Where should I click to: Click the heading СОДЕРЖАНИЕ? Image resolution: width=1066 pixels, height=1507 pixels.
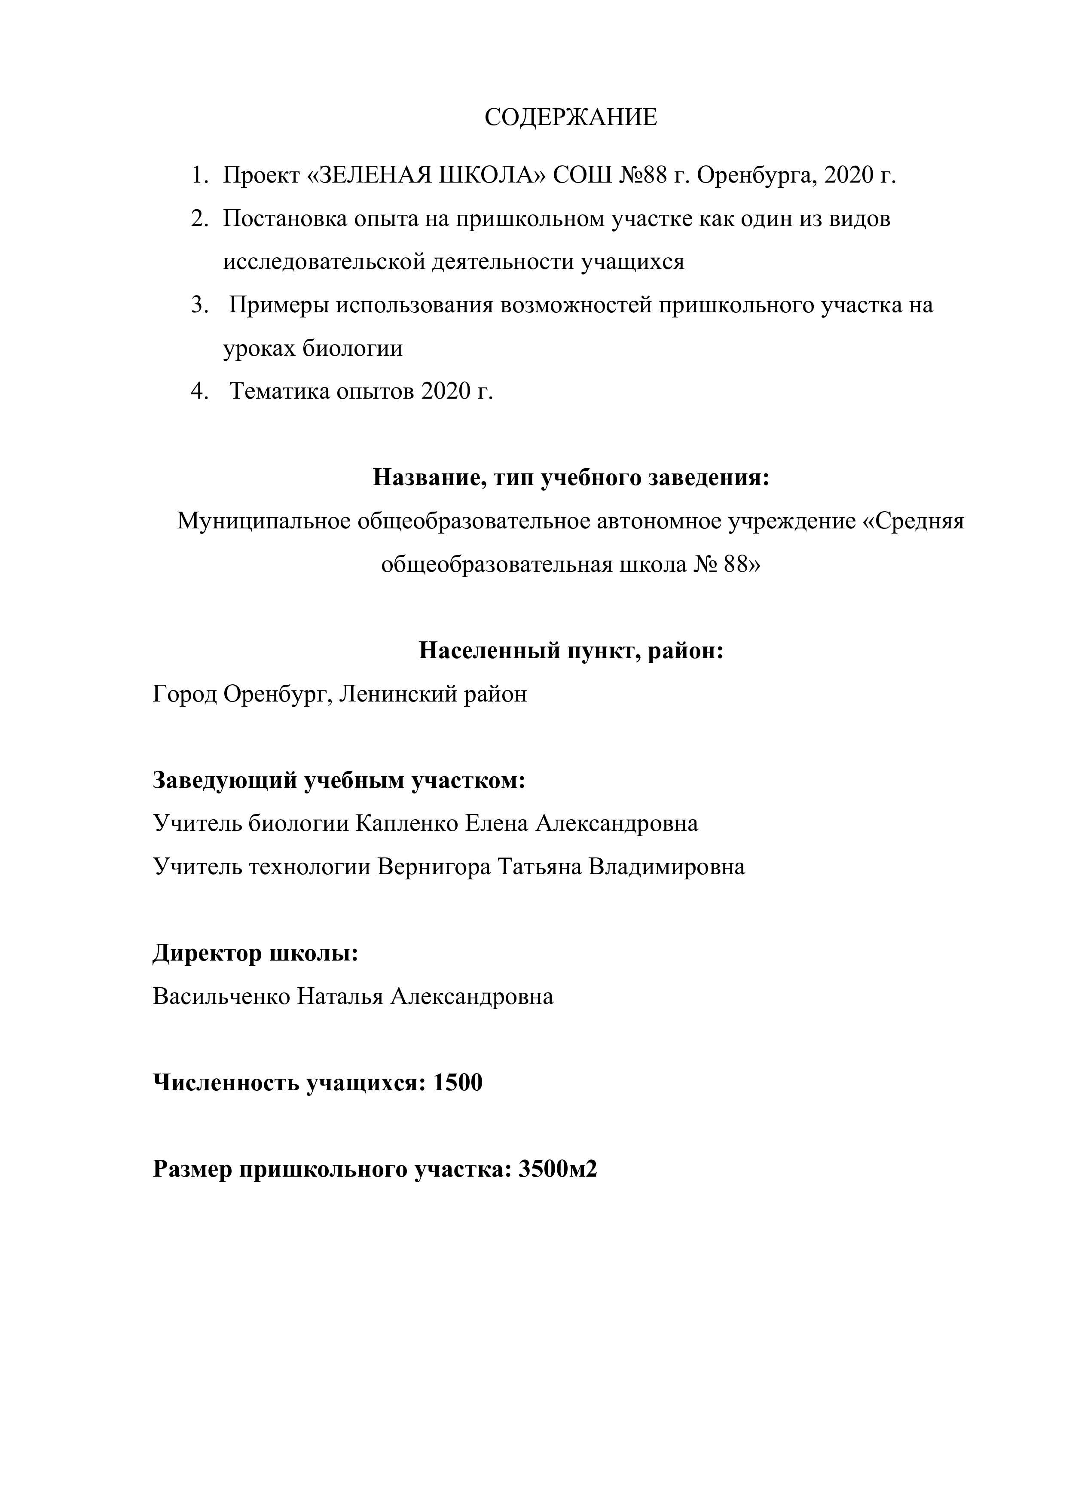tap(571, 117)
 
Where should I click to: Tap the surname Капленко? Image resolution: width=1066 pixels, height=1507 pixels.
tap(406, 823)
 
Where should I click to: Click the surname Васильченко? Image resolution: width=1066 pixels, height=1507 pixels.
tap(221, 996)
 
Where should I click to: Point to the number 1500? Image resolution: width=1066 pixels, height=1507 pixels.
tap(458, 1083)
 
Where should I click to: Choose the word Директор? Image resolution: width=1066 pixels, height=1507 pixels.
tap(208, 953)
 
